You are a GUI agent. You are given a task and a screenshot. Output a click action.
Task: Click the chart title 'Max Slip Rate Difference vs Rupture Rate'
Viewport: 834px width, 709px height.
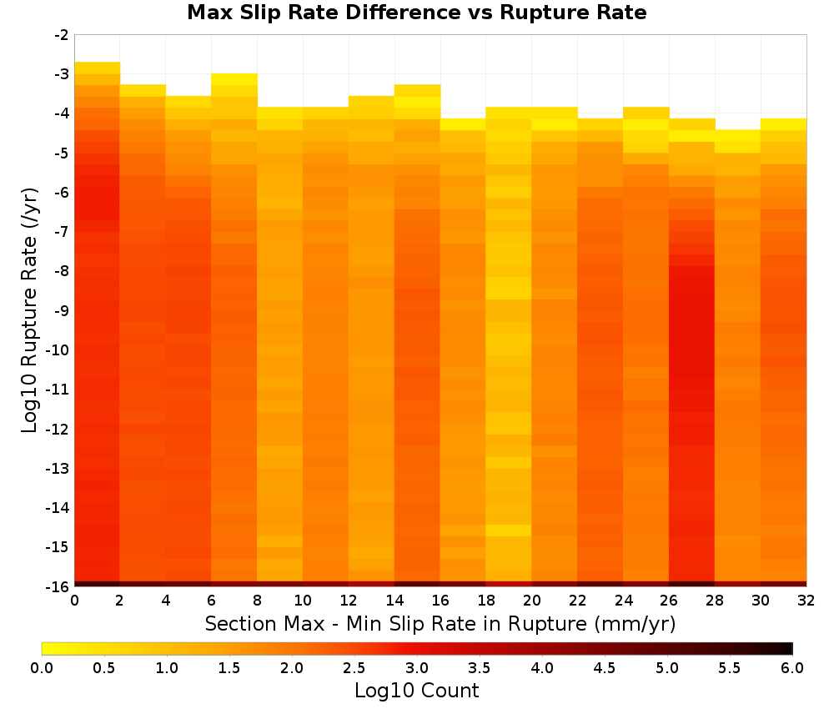click(x=416, y=13)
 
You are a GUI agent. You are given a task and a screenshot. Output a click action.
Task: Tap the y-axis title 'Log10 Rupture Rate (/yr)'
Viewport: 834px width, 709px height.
click(x=29, y=310)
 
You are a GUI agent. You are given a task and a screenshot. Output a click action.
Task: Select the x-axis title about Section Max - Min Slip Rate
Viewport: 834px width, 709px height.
click(x=440, y=623)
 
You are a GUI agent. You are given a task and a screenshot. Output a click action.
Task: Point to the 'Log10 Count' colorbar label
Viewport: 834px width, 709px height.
click(x=416, y=691)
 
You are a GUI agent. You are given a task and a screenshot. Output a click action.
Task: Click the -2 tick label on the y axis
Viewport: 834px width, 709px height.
click(x=62, y=35)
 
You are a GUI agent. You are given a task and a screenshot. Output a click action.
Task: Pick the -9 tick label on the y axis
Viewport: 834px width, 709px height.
click(x=62, y=310)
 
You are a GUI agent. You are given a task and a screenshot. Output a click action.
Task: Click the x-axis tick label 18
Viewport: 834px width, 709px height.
click(x=485, y=601)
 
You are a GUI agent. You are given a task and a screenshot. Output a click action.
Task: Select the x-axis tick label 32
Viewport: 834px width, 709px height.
click(x=806, y=601)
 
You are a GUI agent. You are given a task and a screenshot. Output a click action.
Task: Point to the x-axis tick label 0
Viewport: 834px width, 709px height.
click(x=74, y=601)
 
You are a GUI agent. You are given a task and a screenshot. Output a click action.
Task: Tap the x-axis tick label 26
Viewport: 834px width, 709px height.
click(x=669, y=601)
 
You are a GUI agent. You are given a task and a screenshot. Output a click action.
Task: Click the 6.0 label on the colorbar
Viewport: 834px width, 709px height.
click(x=792, y=668)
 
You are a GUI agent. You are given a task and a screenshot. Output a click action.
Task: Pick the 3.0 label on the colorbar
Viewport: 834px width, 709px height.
click(x=417, y=668)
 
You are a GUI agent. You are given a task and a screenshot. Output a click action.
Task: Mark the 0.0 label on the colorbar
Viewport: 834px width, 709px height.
click(x=42, y=668)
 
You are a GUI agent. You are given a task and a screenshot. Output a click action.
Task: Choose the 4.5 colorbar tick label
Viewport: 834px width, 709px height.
click(x=604, y=668)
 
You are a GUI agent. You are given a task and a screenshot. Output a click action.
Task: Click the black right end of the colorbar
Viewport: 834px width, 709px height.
click(x=789, y=648)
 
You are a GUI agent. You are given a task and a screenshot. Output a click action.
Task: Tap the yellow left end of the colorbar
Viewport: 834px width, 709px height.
click(x=46, y=648)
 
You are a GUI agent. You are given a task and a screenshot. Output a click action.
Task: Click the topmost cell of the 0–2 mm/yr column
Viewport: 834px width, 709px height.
click(x=98, y=68)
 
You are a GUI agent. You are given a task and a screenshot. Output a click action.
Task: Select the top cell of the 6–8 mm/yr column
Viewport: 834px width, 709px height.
click(x=234, y=79)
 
